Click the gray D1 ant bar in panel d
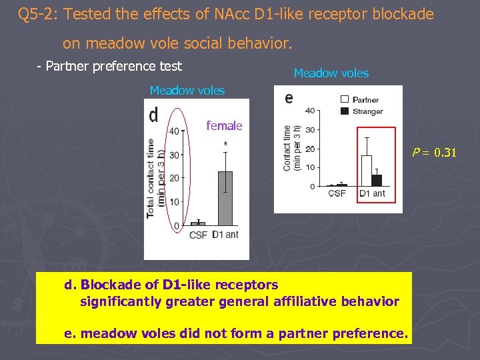click(225, 199)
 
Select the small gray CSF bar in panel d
click(198, 223)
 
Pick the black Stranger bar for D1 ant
click(377, 180)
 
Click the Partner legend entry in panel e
click(359, 100)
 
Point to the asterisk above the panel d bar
click(226, 144)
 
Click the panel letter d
click(154, 115)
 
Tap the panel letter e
click(289, 98)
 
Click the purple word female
click(224, 125)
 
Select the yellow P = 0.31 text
click(434, 153)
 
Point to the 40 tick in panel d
click(173, 131)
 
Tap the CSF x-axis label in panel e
click(337, 194)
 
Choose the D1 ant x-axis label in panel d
click(225, 235)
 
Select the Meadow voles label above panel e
click(331, 73)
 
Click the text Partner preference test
click(109, 66)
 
